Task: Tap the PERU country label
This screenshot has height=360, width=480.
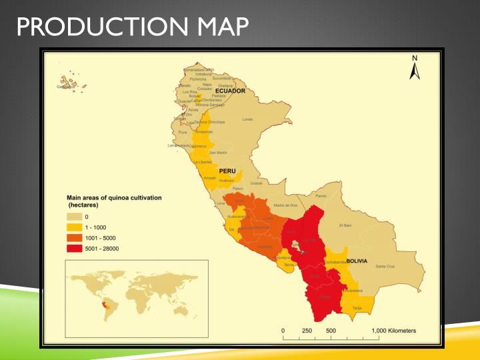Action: point(227,171)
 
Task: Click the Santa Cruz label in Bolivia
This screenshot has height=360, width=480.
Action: point(385,267)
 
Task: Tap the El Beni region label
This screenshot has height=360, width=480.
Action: point(345,225)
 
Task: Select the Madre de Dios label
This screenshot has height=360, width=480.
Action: point(285,205)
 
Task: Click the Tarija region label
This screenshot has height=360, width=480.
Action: point(357,308)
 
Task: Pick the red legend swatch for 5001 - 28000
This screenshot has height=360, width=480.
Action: point(73,249)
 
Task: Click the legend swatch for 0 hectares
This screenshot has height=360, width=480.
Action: point(73,217)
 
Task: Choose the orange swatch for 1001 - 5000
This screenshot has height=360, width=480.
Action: point(73,238)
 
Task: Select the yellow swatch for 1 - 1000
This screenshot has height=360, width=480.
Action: point(73,227)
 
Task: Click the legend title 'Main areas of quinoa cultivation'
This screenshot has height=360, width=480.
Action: point(114,198)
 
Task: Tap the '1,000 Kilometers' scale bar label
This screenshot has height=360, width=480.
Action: point(393,331)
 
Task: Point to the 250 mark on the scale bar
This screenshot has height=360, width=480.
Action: point(307,331)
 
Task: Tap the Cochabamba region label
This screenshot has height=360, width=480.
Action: point(334,263)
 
